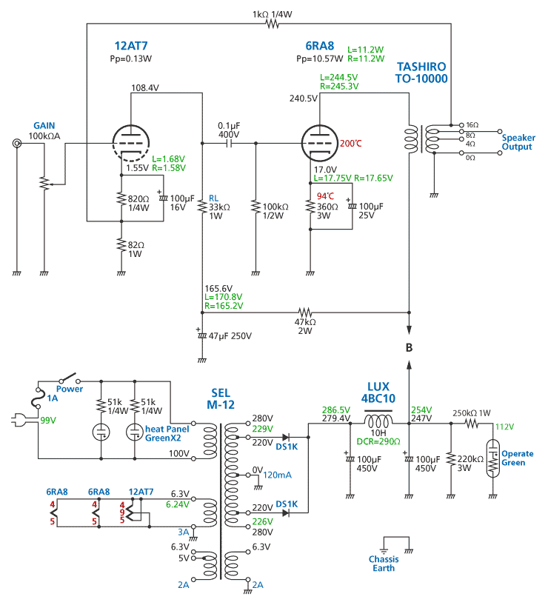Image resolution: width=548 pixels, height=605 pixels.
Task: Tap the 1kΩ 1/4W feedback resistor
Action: coord(273,24)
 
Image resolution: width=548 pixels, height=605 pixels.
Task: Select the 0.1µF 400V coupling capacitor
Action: coord(229,144)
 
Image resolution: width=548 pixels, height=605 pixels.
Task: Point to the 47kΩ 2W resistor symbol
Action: coord(305,312)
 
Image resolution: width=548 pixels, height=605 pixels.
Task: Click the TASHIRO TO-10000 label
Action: coord(421,73)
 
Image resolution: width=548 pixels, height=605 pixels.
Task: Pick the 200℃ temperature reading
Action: coord(351,144)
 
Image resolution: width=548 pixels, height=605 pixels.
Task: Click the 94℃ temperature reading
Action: coord(325,196)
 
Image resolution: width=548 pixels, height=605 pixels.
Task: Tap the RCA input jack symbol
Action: coord(16,144)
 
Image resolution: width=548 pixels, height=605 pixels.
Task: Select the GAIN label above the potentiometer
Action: coord(44,125)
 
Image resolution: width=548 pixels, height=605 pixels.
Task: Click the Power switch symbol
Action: coord(70,378)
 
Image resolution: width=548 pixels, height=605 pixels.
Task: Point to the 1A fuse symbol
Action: coord(38,398)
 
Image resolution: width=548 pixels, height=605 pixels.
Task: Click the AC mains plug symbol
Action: coord(19,420)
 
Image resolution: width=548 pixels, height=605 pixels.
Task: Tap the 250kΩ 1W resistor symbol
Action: coord(471,424)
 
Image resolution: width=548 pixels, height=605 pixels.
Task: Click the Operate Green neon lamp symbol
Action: coord(492,458)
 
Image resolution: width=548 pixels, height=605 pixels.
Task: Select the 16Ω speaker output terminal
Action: coord(461,125)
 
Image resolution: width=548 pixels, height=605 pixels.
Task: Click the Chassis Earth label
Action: coord(384,564)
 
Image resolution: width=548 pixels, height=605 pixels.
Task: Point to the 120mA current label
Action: coord(277,475)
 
